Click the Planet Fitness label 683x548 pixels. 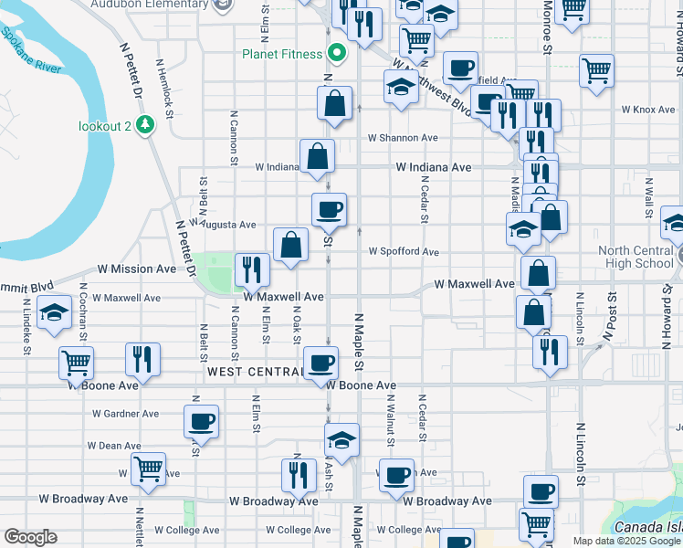coord(282,53)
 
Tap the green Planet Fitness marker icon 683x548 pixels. coord(336,53)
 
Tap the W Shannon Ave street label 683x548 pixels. coord(403,138)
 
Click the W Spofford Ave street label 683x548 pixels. coord(404,252)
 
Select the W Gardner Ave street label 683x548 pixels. coord(126,414)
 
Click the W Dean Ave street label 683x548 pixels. coord(114,446)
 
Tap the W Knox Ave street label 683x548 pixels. coord(647,110)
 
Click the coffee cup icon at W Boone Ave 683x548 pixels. coord(320,363)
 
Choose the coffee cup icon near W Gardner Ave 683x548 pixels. coord(201,422)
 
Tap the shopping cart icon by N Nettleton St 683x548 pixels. coord(148,469)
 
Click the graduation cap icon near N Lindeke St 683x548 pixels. coord(55,312)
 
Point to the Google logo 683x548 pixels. coord(30,537)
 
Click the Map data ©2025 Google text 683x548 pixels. coord(627,541)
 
